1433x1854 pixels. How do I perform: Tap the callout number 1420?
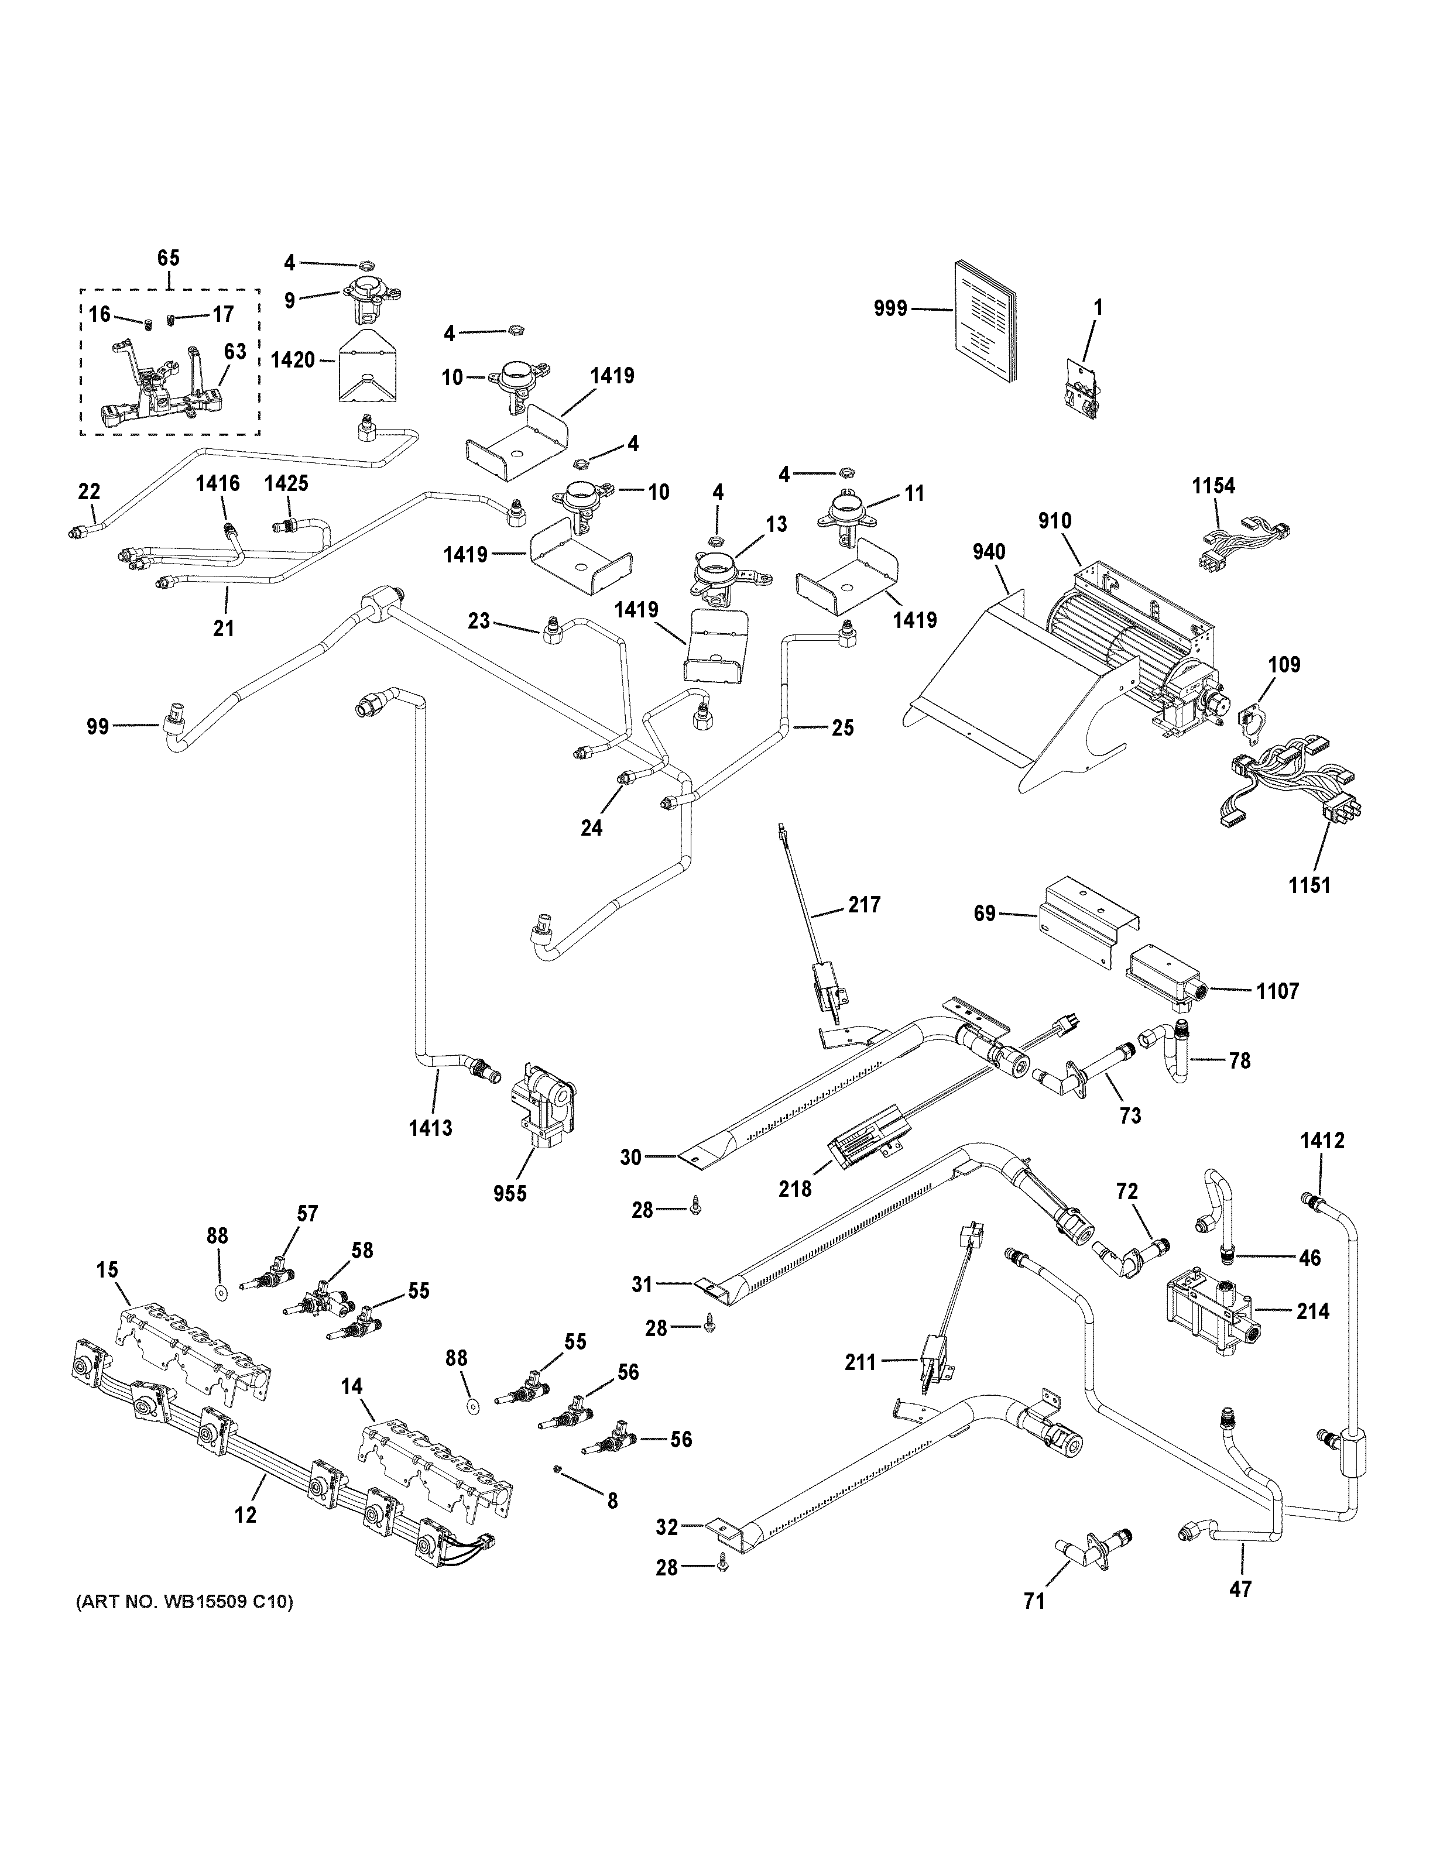click(292, 360)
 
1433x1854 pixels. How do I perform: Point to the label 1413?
click(430, 1128)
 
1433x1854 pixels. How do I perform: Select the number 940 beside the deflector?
click(989, 552)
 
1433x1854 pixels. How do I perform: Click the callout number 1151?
click(1308, 885)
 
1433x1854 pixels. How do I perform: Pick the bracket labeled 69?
click(1088, 919)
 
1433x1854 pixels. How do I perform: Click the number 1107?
click(1277, 991)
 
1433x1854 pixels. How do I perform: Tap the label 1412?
click(1322, 1141)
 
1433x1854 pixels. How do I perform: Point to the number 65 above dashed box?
click(169, 258)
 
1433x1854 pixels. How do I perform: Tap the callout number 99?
click(98, 727)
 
